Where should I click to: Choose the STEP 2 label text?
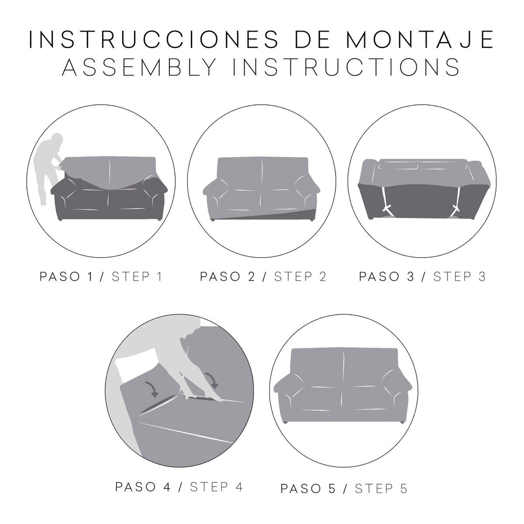coord(300,277)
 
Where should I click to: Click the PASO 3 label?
coord(387,277)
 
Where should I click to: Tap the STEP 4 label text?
coord(216,487)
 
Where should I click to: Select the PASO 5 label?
coord(308,489)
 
